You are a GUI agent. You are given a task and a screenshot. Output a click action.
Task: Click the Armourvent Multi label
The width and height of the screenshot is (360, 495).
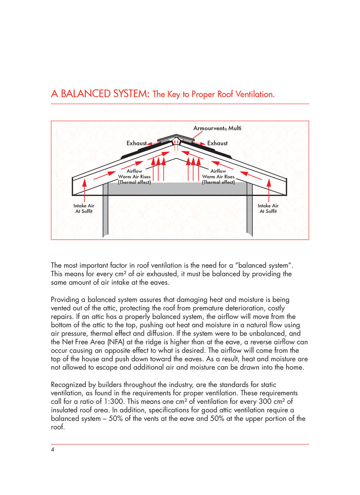(x=220, y=128)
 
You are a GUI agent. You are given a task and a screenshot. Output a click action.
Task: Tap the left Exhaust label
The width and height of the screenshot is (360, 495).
(x=136, y=143)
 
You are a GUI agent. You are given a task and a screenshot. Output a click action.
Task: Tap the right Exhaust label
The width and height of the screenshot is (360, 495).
(x=217, y=143)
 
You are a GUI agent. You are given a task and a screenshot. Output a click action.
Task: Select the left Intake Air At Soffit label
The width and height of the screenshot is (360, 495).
(x=84, y=208)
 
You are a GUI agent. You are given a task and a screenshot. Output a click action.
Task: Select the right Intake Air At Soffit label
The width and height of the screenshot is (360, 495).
(x=268, y=208)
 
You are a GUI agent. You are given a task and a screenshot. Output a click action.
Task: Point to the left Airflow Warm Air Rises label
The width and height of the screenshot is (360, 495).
(x=134, y=177)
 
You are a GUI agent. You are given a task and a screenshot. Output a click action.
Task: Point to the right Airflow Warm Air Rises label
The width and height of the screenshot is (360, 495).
(x=218, y=177)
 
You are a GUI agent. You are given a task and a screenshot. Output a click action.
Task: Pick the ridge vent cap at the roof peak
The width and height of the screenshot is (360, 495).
(x=177, y=139)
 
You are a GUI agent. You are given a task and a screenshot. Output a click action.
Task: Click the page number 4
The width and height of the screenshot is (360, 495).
(x=52, y=450)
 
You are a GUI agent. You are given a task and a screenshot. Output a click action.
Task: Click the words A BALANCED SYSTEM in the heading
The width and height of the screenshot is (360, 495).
(x=100, y=94)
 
